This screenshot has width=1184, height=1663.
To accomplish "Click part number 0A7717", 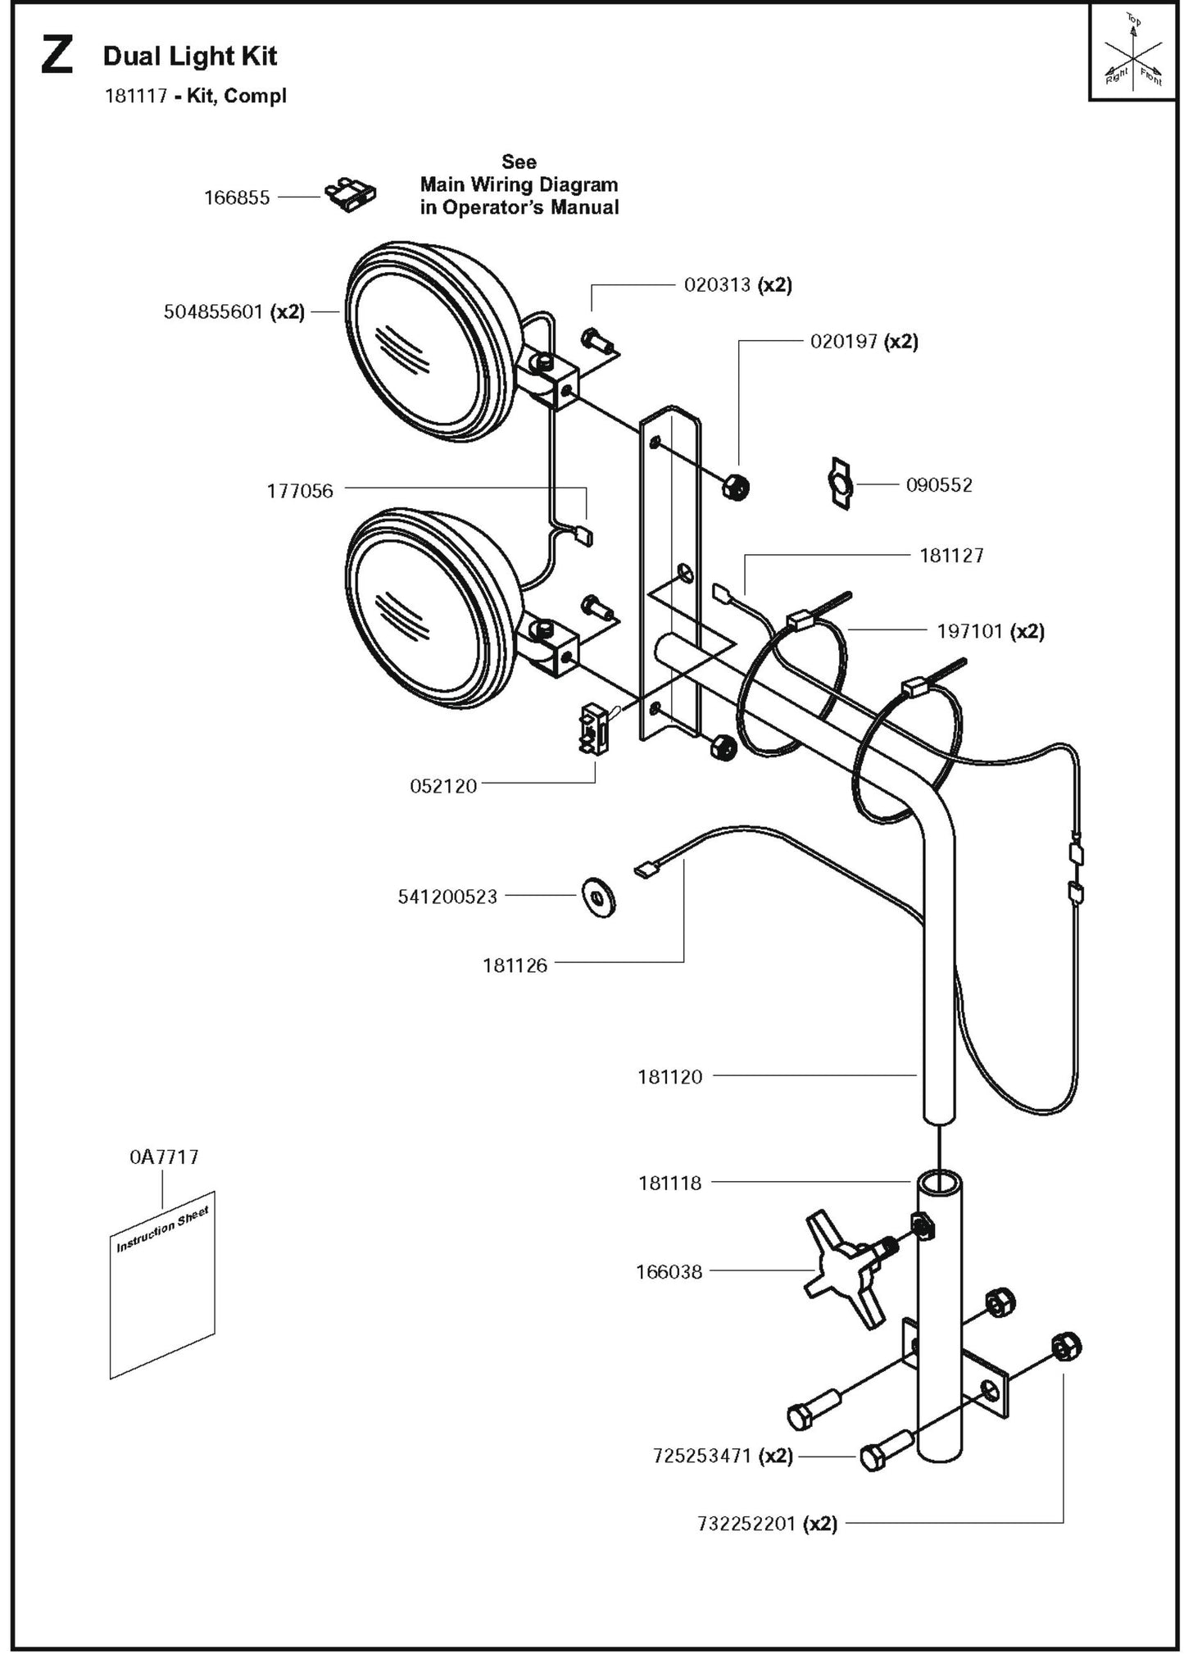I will pos(164,1157).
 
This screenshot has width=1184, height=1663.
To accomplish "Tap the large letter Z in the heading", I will pos(57,57).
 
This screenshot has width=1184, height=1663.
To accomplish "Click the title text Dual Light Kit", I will pos(190,57).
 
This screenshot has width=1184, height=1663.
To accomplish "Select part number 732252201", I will pos(746,1524).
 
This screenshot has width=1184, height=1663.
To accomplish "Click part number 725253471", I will pos(702,1456).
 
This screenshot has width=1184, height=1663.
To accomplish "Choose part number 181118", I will pos(669,1183).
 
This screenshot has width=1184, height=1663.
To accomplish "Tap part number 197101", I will pos(969,631).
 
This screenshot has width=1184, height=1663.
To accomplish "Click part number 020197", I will pos(843,342).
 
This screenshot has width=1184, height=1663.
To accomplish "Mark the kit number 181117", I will pos(136,96).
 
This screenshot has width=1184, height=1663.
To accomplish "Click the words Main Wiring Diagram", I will pos(519,184).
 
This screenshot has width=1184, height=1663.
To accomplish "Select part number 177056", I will pos(300,491).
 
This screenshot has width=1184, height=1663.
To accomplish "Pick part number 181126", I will pos(515,966).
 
